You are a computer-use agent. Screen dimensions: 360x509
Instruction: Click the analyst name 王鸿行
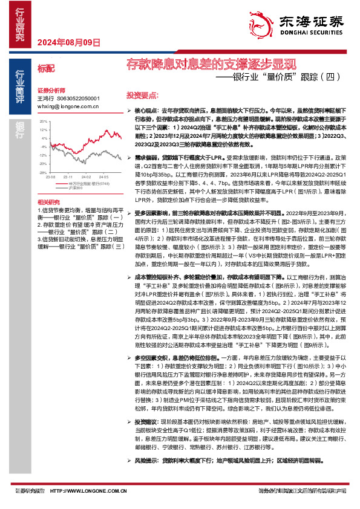tap(45, 97)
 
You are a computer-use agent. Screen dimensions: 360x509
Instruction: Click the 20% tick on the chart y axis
tap(42, 122)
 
